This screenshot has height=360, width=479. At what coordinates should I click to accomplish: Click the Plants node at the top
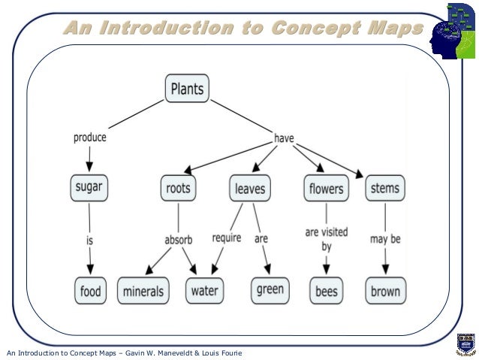click(x=187, y=89)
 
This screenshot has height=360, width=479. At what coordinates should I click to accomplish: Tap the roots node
click(x=179, y=188)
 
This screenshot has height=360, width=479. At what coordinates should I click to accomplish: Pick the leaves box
click(x=250, y=188)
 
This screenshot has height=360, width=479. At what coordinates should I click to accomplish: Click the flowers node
click(x=326, y=188)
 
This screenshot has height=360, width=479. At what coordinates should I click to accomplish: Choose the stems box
click(x=385, y=187)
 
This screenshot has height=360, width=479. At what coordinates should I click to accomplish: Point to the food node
click(x=90, y=289)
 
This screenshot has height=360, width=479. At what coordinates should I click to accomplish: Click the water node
click(x=204, y=289)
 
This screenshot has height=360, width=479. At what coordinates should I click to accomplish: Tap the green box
click(x=268, y=289)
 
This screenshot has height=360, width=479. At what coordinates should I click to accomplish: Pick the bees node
click(x=327, y=289)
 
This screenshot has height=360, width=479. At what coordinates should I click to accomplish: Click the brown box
click(x=385, y=289)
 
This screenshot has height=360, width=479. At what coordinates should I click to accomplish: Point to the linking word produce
click(x=89, y=138)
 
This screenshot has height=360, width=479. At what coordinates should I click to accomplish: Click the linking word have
click(x=283, y=138)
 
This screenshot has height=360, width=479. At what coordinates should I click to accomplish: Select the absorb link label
click(x=179, y=240)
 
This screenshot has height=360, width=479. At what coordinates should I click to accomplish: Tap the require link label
click(x=226, y=238)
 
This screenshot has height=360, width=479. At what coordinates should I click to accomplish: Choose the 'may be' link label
click(x=385, y=240)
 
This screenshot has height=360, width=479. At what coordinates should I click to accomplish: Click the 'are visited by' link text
click(x=327, y=239)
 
